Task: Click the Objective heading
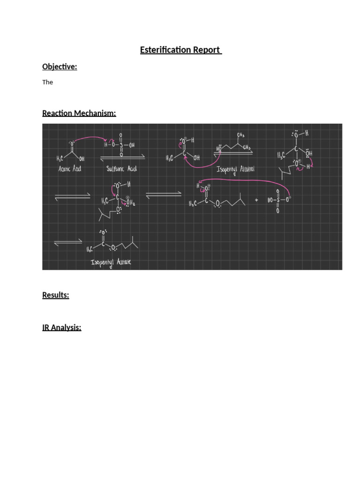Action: pyautogui.click(x=60, y=67)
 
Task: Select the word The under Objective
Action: pyautogui.click(x=48, y=82)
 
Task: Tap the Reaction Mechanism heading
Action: pyautogui.click(x=79, y=113)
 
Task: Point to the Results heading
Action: pyautogui.click(x=56, y=295)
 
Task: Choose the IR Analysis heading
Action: pyautogui.click(x=62, y=327)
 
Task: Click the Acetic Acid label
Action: pyautogui.click(x=70, y=169)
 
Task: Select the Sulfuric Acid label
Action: pyautogui.click(x=121, y=169)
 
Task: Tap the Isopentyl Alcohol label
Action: pyautogui.click(x=235, y=169)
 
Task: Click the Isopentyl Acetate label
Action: pyautogui.click(x=111, y=262)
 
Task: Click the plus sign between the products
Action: pyautogui.click(x=256, y=200)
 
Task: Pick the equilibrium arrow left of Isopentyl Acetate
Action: pyautogui.click(x=68, y=243)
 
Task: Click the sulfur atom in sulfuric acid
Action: pyautogui.click(x=121, y=145)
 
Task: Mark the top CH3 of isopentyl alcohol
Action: pyautogui.click(x=240, y=135)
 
